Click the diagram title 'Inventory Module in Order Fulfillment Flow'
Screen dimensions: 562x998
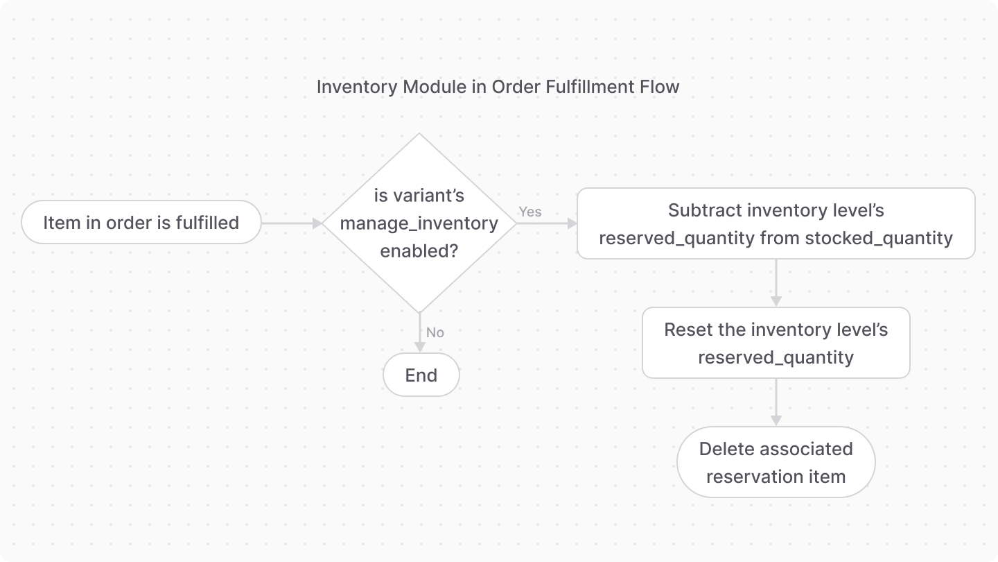pyautogui.click(x=498, y=87)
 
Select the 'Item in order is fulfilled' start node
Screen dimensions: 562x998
pyautogui.click(x=141, y=223)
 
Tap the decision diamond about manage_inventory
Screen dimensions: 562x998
pyautogui.click(x=419, y=223)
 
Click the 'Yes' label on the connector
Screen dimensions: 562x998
pyautogui.click(x=530, y=212)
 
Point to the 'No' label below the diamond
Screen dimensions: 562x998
pyautogui.click(x=435, y=332)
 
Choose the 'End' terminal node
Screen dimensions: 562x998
pyautogui.click(x=421, y=375)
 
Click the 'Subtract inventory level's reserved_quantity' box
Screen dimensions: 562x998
pyautogui.click(x=776, y=223)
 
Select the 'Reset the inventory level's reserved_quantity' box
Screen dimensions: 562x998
pyautogui.click(x=776, y=343)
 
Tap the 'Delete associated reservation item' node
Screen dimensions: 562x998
pyautogui.click(x=776, y=462)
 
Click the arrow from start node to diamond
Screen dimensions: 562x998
pyautogui.click(x=291, y=223)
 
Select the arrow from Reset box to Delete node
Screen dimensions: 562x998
pyautogui.click(x=776, y=402)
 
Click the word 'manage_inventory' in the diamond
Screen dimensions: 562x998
pyautogui.click(x=419, y=223)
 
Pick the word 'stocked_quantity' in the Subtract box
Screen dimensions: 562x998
pyautogui.click(x=879, y=239)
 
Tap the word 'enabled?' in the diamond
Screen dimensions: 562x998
pyautogui.click(x=419, y=251)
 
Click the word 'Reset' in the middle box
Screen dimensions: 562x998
pyautogui.click(x=685, y=330)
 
